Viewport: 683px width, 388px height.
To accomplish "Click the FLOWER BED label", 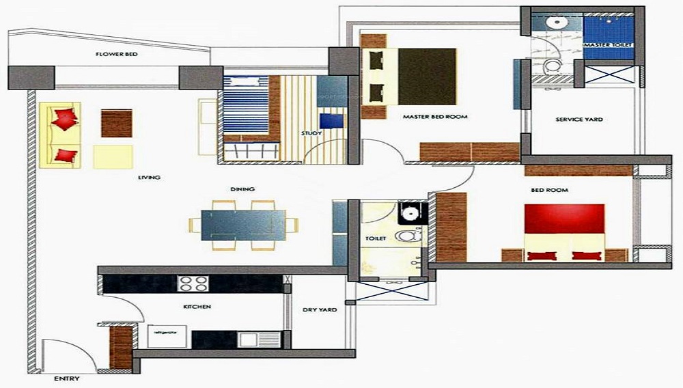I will click(117, 54).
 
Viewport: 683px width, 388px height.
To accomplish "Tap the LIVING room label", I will click(149, 178).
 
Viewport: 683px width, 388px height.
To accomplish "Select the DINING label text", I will click(242, 189).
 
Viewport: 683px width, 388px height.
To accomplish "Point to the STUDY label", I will click(311, 133).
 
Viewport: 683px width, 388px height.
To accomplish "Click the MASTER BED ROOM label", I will click(435, 117).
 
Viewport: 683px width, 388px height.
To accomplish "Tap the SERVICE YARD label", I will click(579, 120).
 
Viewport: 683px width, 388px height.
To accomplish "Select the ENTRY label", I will click(67, 378).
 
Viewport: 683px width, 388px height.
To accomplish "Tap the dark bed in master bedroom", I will click(427, 76).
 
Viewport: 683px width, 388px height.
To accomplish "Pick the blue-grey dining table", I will click(243, 224).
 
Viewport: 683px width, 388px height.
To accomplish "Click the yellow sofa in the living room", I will click(61, 135).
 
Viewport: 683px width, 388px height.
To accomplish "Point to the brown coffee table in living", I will click(117, 123).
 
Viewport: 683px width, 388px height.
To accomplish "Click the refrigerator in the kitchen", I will click(162, 336).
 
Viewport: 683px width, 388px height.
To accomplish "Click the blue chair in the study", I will click(331, 122).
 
